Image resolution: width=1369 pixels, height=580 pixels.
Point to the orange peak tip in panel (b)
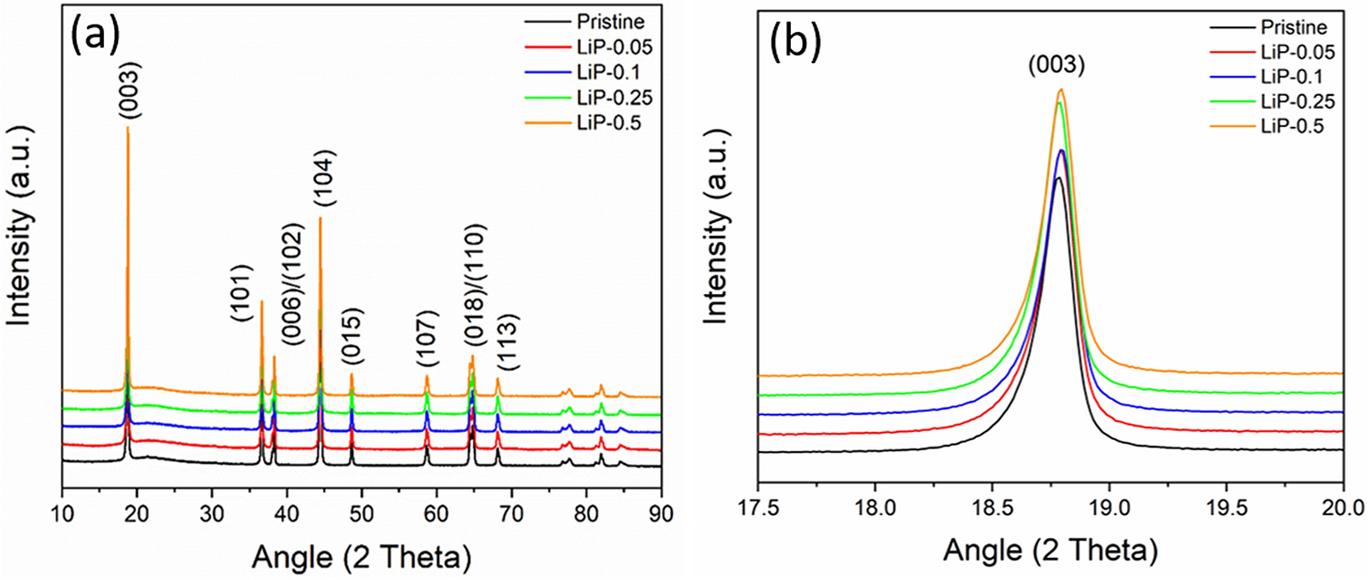tap(1060, 90)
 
